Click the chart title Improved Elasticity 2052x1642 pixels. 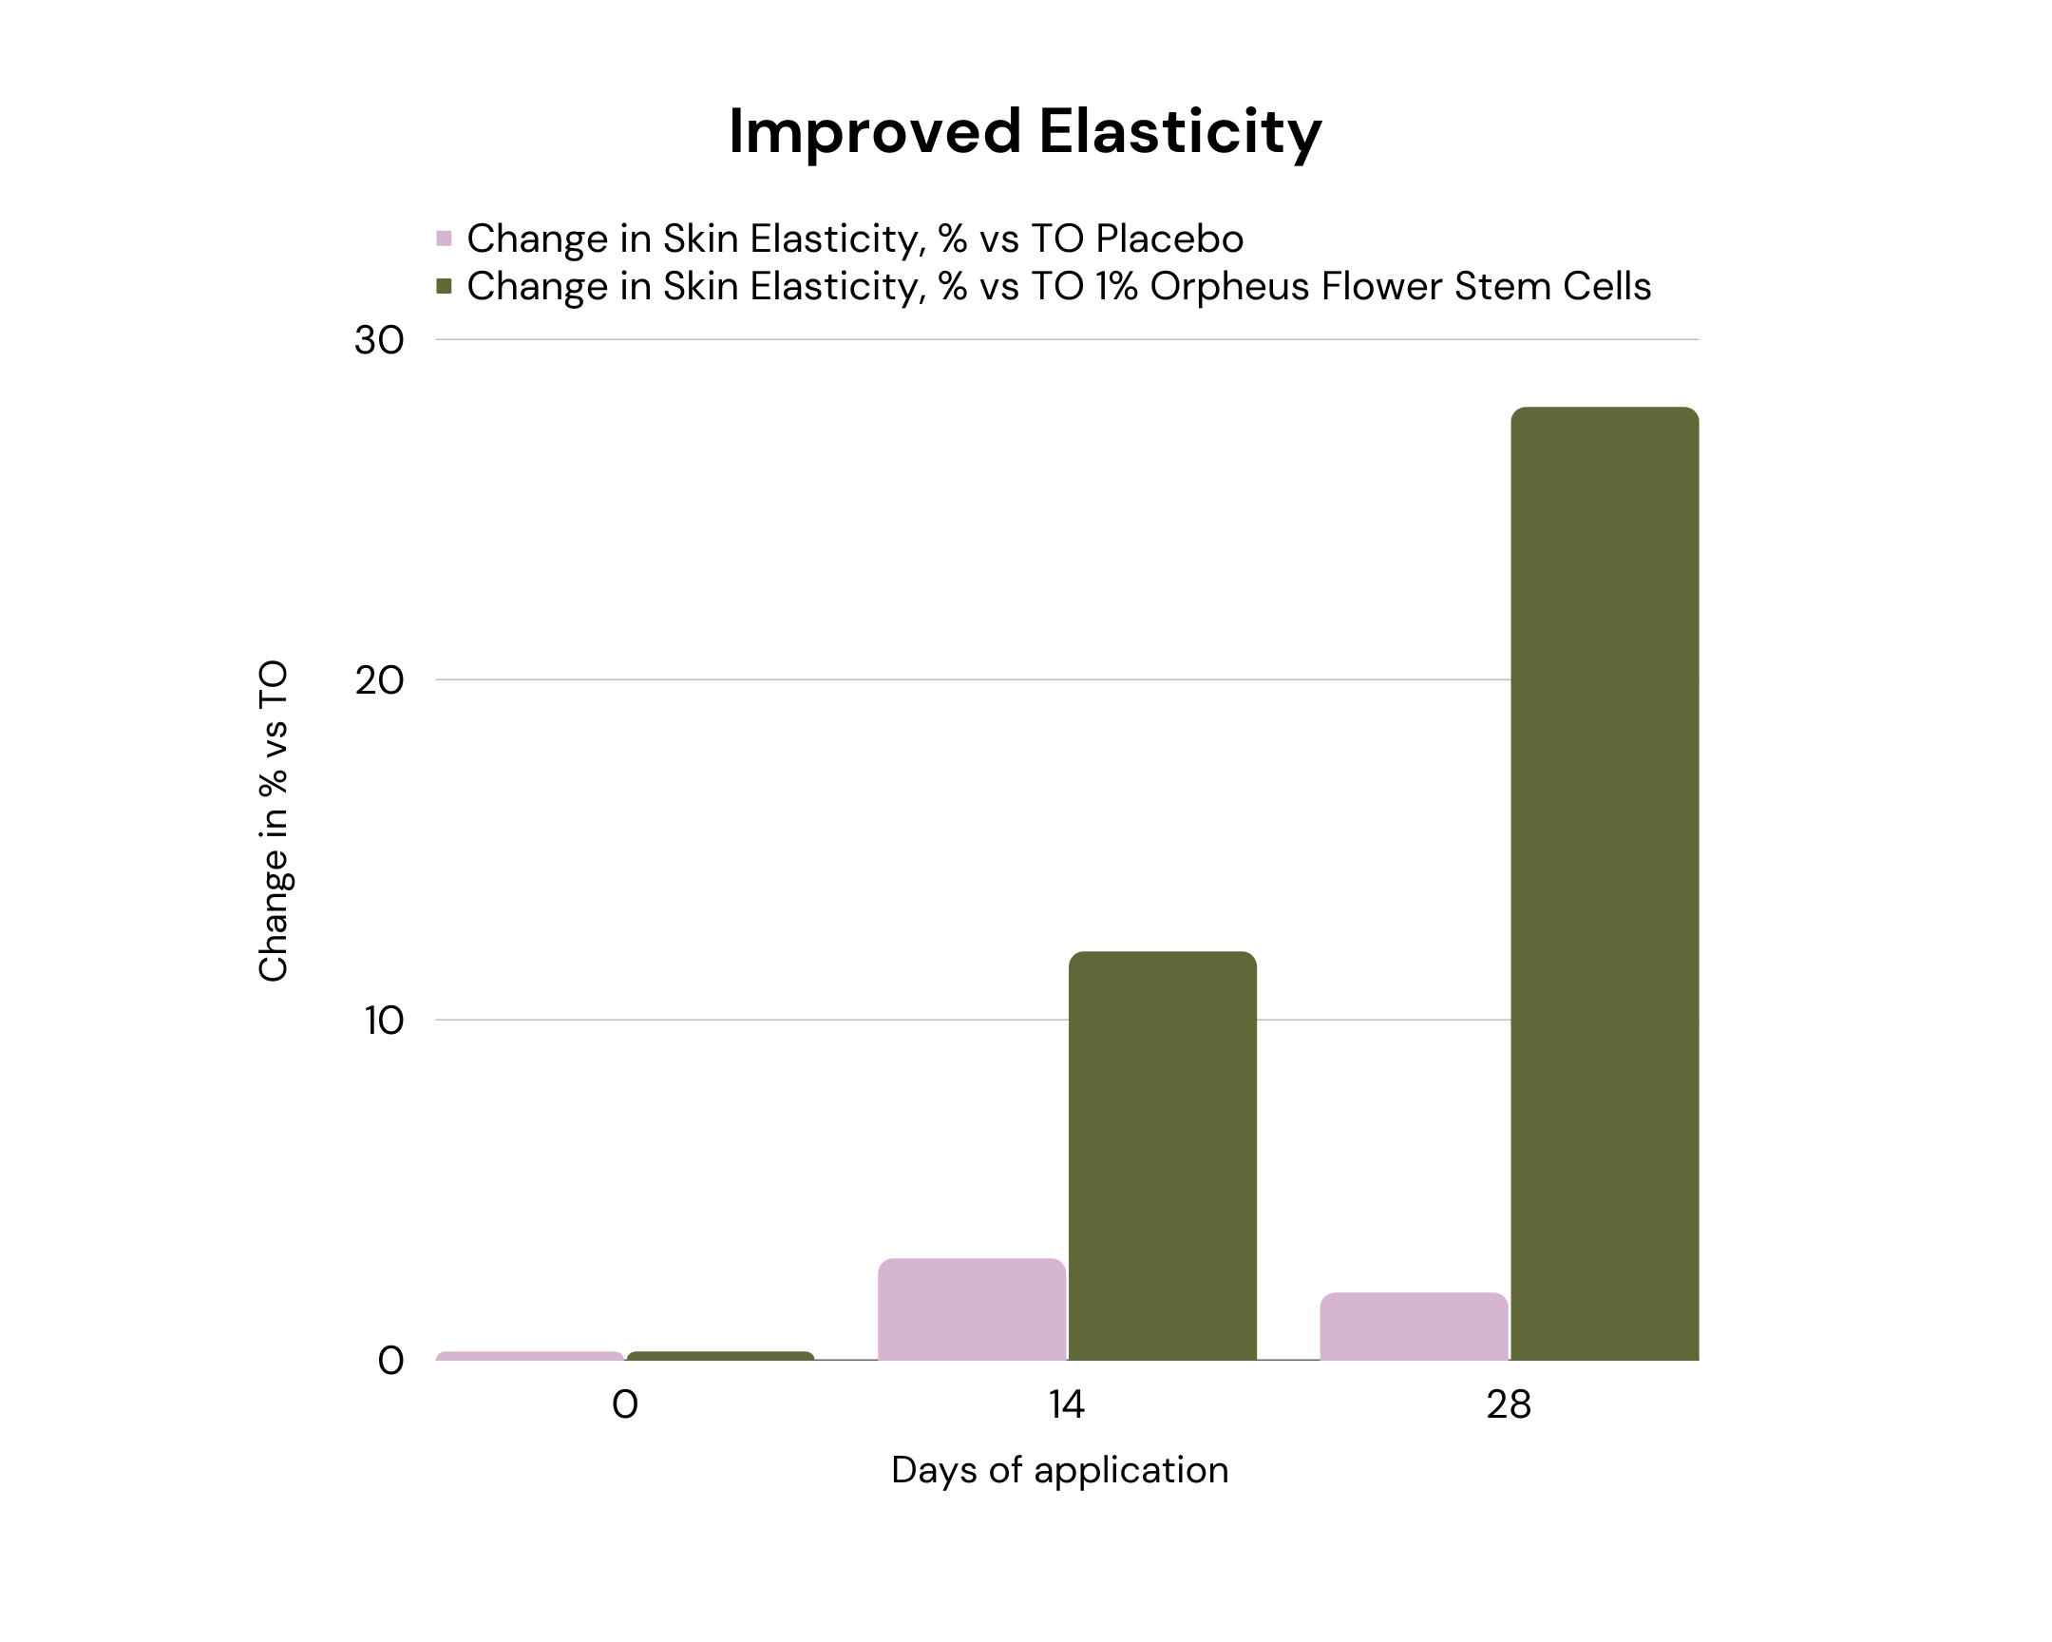(x=1024, y=131)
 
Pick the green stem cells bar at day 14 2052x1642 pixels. (x=1162, y=1155)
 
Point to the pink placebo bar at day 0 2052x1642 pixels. (x=529, y=1355)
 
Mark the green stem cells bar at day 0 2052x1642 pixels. (x=720, y=1355)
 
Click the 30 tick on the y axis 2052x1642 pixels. (x=379, y=341)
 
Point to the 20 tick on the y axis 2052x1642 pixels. (x=379, y=680)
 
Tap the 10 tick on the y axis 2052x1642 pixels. (x=383, y=1021)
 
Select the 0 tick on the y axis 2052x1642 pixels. (x=390, y=1361)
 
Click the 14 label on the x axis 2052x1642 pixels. (x=1066, y=1405)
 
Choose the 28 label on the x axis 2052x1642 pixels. (x=1509, y=1405)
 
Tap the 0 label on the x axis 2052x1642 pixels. (x=624, y=1405)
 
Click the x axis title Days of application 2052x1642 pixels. (x=1059, y=1471)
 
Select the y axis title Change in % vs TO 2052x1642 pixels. (x=274, y=820)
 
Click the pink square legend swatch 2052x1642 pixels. (x=444, y=238)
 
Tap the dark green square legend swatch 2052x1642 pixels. (x=444, y=286)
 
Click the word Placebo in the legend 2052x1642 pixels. (x=1168, y=238)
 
